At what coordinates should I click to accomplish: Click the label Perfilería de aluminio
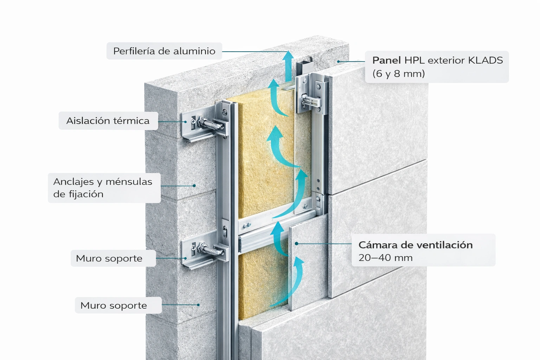click(x=164, y=51)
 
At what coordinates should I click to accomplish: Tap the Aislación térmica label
click(x=108, y=121)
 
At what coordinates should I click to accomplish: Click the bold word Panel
click(x=386, y=60)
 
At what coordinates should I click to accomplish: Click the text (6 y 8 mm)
click(x=398, y=73)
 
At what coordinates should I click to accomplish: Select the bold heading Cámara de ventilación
click(x=415, y=245)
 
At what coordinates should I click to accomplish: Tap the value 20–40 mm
click(x=385, y=258)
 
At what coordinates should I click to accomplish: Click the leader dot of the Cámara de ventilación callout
click(x=296, y=243)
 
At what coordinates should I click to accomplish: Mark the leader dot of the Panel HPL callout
click(x=339, y=62)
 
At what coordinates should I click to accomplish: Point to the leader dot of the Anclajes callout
click(x=194, y=185)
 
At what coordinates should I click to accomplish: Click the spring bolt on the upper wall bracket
click(x=209, y=124)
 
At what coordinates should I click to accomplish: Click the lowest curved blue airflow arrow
click(x=292, y=281)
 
